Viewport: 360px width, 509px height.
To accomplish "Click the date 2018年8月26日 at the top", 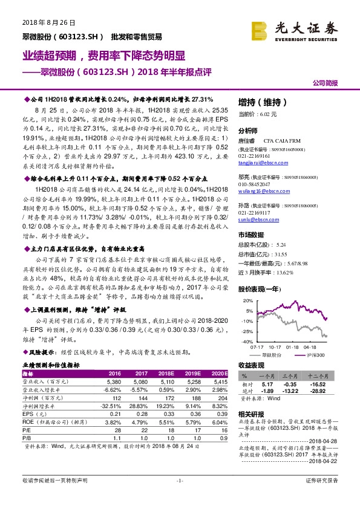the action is pos(48,22).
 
